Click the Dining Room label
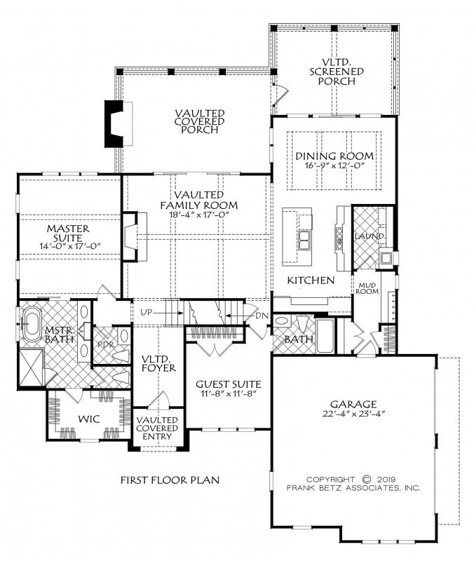(334, 156)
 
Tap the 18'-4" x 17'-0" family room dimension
(200, 215)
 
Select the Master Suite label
(68, 233)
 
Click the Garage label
(353, 405)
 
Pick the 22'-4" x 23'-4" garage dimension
(353, 414)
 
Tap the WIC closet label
(89, 419)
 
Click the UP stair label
(147, 312)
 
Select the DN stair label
(262, 315)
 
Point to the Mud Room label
(367, 288)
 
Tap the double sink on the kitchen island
(305, 240)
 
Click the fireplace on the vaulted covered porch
(118, 123)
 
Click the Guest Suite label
(229, 384)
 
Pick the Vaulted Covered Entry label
(157, 428)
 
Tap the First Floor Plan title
(170, 480)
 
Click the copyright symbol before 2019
(367, 480)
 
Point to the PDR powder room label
(106, 345)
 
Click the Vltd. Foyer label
(158, 363)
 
